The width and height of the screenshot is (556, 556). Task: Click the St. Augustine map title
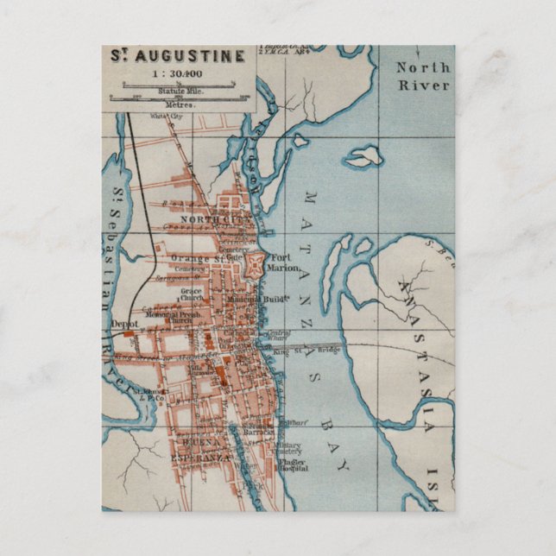(x=178, y=56)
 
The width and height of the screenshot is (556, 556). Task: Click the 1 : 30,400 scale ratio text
(x=179, y=74)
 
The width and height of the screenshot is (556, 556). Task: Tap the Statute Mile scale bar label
(x=180, y=92)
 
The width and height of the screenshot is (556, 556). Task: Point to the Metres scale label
(x=180, y=104)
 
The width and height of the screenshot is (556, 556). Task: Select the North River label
(x=422, y=76)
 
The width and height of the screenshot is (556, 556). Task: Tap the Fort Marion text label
(x=285, y=262)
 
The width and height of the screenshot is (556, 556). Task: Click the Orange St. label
(x=196, y=257)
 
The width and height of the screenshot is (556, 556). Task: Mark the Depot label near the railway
(x=123, y=324)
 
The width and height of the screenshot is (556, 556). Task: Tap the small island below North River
(x=363, y=156)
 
